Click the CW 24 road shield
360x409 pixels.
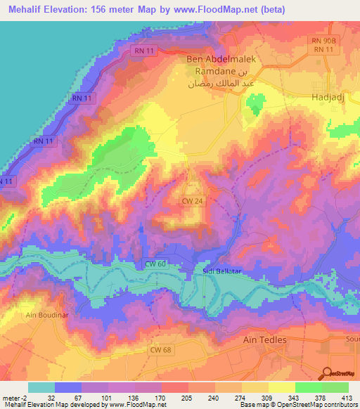tap(193, 200)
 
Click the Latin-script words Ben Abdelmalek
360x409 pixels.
tap(221, 60)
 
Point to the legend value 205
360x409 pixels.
tap(166, 397)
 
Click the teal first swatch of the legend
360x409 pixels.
tap(41, 387)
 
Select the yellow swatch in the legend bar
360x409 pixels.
tap(281, 387)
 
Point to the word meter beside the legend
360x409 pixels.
tap(11, 397)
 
